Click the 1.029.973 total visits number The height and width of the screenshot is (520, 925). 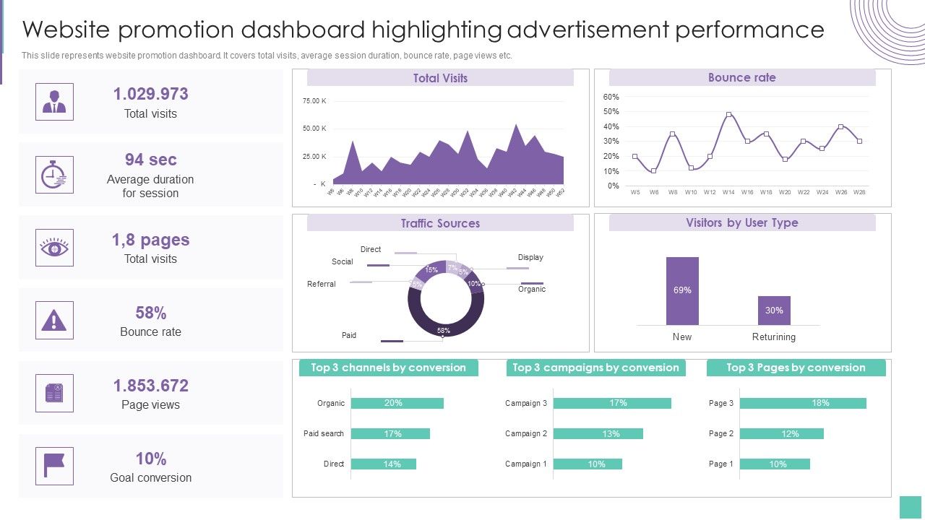tap(150, 94)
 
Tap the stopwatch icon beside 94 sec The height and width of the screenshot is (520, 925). tap(54, 175)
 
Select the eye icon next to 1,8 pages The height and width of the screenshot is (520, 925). tap(54, 248)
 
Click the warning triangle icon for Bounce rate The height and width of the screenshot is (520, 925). tap(54, 321)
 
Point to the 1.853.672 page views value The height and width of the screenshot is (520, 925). tap(150, 386)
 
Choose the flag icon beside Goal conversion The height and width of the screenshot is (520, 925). tap(54, 466)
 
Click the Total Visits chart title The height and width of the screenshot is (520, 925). tap(440, 78)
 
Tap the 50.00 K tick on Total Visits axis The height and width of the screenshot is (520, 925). tap(314, 129)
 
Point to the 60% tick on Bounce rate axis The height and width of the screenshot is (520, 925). tap(611, 97)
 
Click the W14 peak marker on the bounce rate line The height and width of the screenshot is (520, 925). tap(728, 114)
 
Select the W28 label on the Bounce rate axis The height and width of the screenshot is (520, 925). tap(859, 192)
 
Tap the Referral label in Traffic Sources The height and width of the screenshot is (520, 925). tap(321, 284)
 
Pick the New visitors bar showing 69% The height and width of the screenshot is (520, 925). tap(682, 290)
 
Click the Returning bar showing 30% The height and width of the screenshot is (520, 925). tap(774, 311)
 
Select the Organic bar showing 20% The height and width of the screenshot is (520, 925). tap(397, 403)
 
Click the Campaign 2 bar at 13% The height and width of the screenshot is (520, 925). tap(598, 434)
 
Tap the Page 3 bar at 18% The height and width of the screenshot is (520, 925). tap(802, 403)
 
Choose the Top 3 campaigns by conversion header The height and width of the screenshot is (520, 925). tap(595, 368)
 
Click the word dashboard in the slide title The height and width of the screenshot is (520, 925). tap(302, 30)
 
